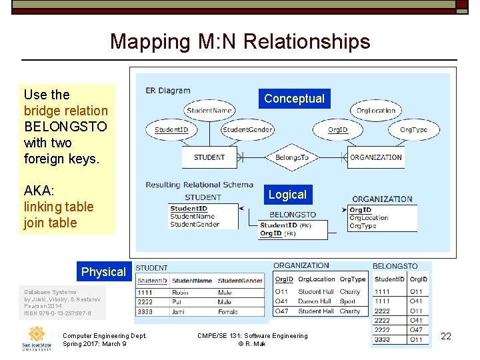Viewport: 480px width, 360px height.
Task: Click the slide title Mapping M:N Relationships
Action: [x=240, y=41]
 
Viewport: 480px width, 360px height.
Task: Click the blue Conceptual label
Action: [x=294, y=99]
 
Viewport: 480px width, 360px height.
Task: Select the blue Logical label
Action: [x=287, y=195]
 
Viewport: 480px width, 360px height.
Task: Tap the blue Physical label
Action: [x=103, y=272]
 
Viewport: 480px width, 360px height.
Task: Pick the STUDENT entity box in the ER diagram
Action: [x=209, y=157]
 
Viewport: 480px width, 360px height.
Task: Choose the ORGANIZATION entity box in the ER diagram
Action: [x=376, y=157]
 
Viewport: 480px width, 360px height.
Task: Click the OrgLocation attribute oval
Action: [x=376, y=111]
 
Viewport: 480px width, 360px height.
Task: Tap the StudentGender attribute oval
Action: [x=247, y=129]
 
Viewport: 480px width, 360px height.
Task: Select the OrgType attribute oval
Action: [x=414, y=129]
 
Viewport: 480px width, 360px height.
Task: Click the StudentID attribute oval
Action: [x=171, y=129]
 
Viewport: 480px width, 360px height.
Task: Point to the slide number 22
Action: [x=446, y=336]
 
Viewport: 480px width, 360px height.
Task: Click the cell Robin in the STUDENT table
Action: [x=181, y=292]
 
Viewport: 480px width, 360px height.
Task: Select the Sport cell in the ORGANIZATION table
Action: [x=348, y=301]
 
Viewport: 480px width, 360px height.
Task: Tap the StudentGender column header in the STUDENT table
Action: [x=240, y=281]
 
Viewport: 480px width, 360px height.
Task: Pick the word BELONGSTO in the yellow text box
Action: [x=65, y=127]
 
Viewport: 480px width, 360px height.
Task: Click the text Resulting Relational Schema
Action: [x=199, y=185]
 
